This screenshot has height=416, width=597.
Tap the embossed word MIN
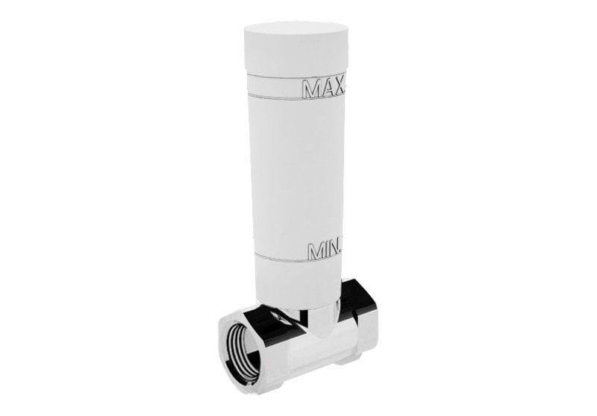322,250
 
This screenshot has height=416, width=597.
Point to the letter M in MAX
311,89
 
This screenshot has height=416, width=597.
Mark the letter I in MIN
322,250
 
